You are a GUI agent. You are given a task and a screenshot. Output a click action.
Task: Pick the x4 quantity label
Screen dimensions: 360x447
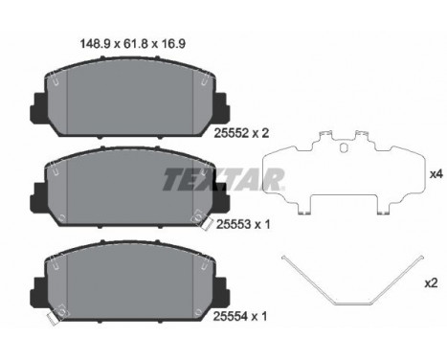coord(436,175)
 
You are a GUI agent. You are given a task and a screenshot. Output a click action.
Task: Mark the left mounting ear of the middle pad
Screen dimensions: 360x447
coord(39,196)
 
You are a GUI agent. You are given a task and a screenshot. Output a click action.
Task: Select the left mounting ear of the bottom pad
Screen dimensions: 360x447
coord(39,286)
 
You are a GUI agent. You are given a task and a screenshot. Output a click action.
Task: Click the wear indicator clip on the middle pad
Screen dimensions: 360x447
coord(207,226)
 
